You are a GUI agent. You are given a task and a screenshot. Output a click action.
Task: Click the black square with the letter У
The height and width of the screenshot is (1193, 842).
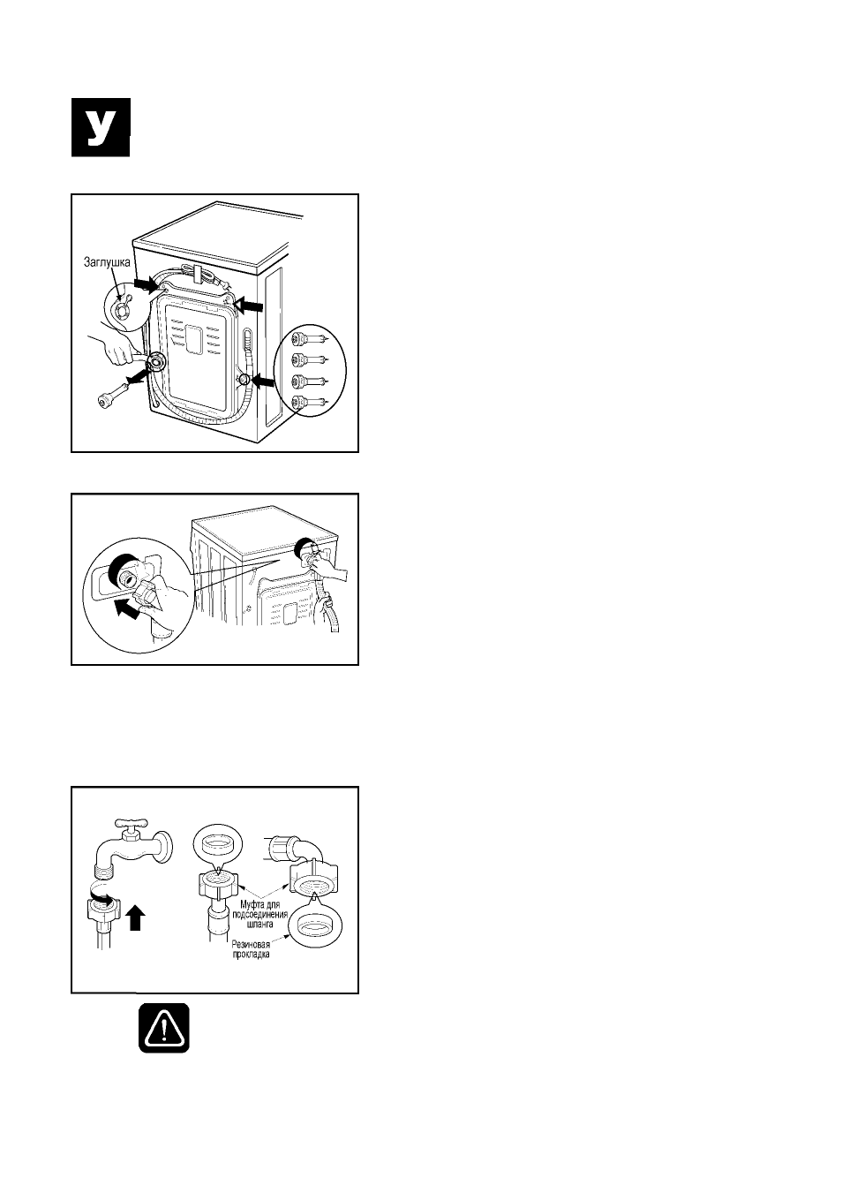point(101,127)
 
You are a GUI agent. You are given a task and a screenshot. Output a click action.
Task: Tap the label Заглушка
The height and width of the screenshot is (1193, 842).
point(107,262)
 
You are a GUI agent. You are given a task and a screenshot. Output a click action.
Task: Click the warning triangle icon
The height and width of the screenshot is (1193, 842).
point(164,1028)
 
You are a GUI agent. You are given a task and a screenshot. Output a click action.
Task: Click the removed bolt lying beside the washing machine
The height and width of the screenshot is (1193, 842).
point(115,392)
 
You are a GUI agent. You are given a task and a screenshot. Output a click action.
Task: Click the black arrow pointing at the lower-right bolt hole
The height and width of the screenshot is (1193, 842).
point(264,380)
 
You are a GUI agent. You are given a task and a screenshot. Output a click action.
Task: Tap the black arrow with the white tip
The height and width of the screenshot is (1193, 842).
point(249,305)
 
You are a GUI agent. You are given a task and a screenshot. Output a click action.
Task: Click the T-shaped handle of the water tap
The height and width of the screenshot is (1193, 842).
point(130,826)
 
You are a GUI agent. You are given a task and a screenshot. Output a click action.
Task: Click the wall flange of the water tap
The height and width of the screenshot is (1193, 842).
point(166,845)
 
